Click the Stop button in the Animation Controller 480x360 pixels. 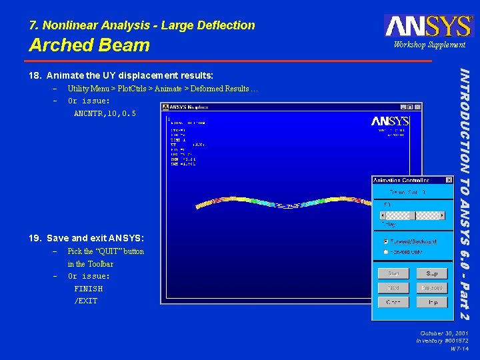pos(431,273)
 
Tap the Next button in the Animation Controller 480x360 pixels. pos(393,288)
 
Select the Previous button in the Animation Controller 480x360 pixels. pos(431,288)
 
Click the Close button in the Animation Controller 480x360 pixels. pos(393,302)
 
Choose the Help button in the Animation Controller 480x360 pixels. pos(431,302)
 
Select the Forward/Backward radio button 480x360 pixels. pos(385,241)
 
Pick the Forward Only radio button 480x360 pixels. pos(385,252)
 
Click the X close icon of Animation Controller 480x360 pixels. pos(449,180)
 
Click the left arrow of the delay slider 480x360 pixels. pos(382,215)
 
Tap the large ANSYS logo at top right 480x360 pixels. pos(429,26)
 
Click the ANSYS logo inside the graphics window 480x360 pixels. pos(390,121)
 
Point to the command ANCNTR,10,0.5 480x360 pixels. pos(105,114)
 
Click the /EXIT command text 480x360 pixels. pos(86,301)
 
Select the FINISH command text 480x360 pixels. pos(89,289)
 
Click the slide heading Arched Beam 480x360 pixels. pos(89,45)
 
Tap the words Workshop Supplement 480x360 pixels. pos(429,45)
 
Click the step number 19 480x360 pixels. pos(35,238)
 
